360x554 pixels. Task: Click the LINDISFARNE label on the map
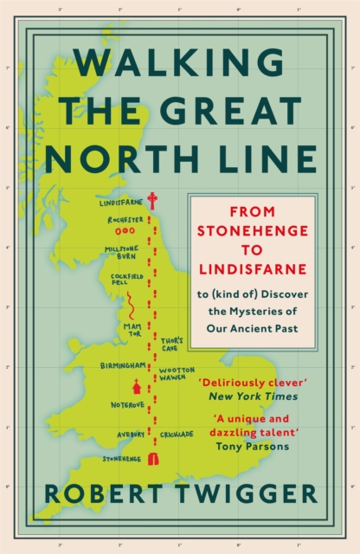coord(119,203)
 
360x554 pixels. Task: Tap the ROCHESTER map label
coord(125,220)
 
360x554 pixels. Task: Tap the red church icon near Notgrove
coord(134,387)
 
